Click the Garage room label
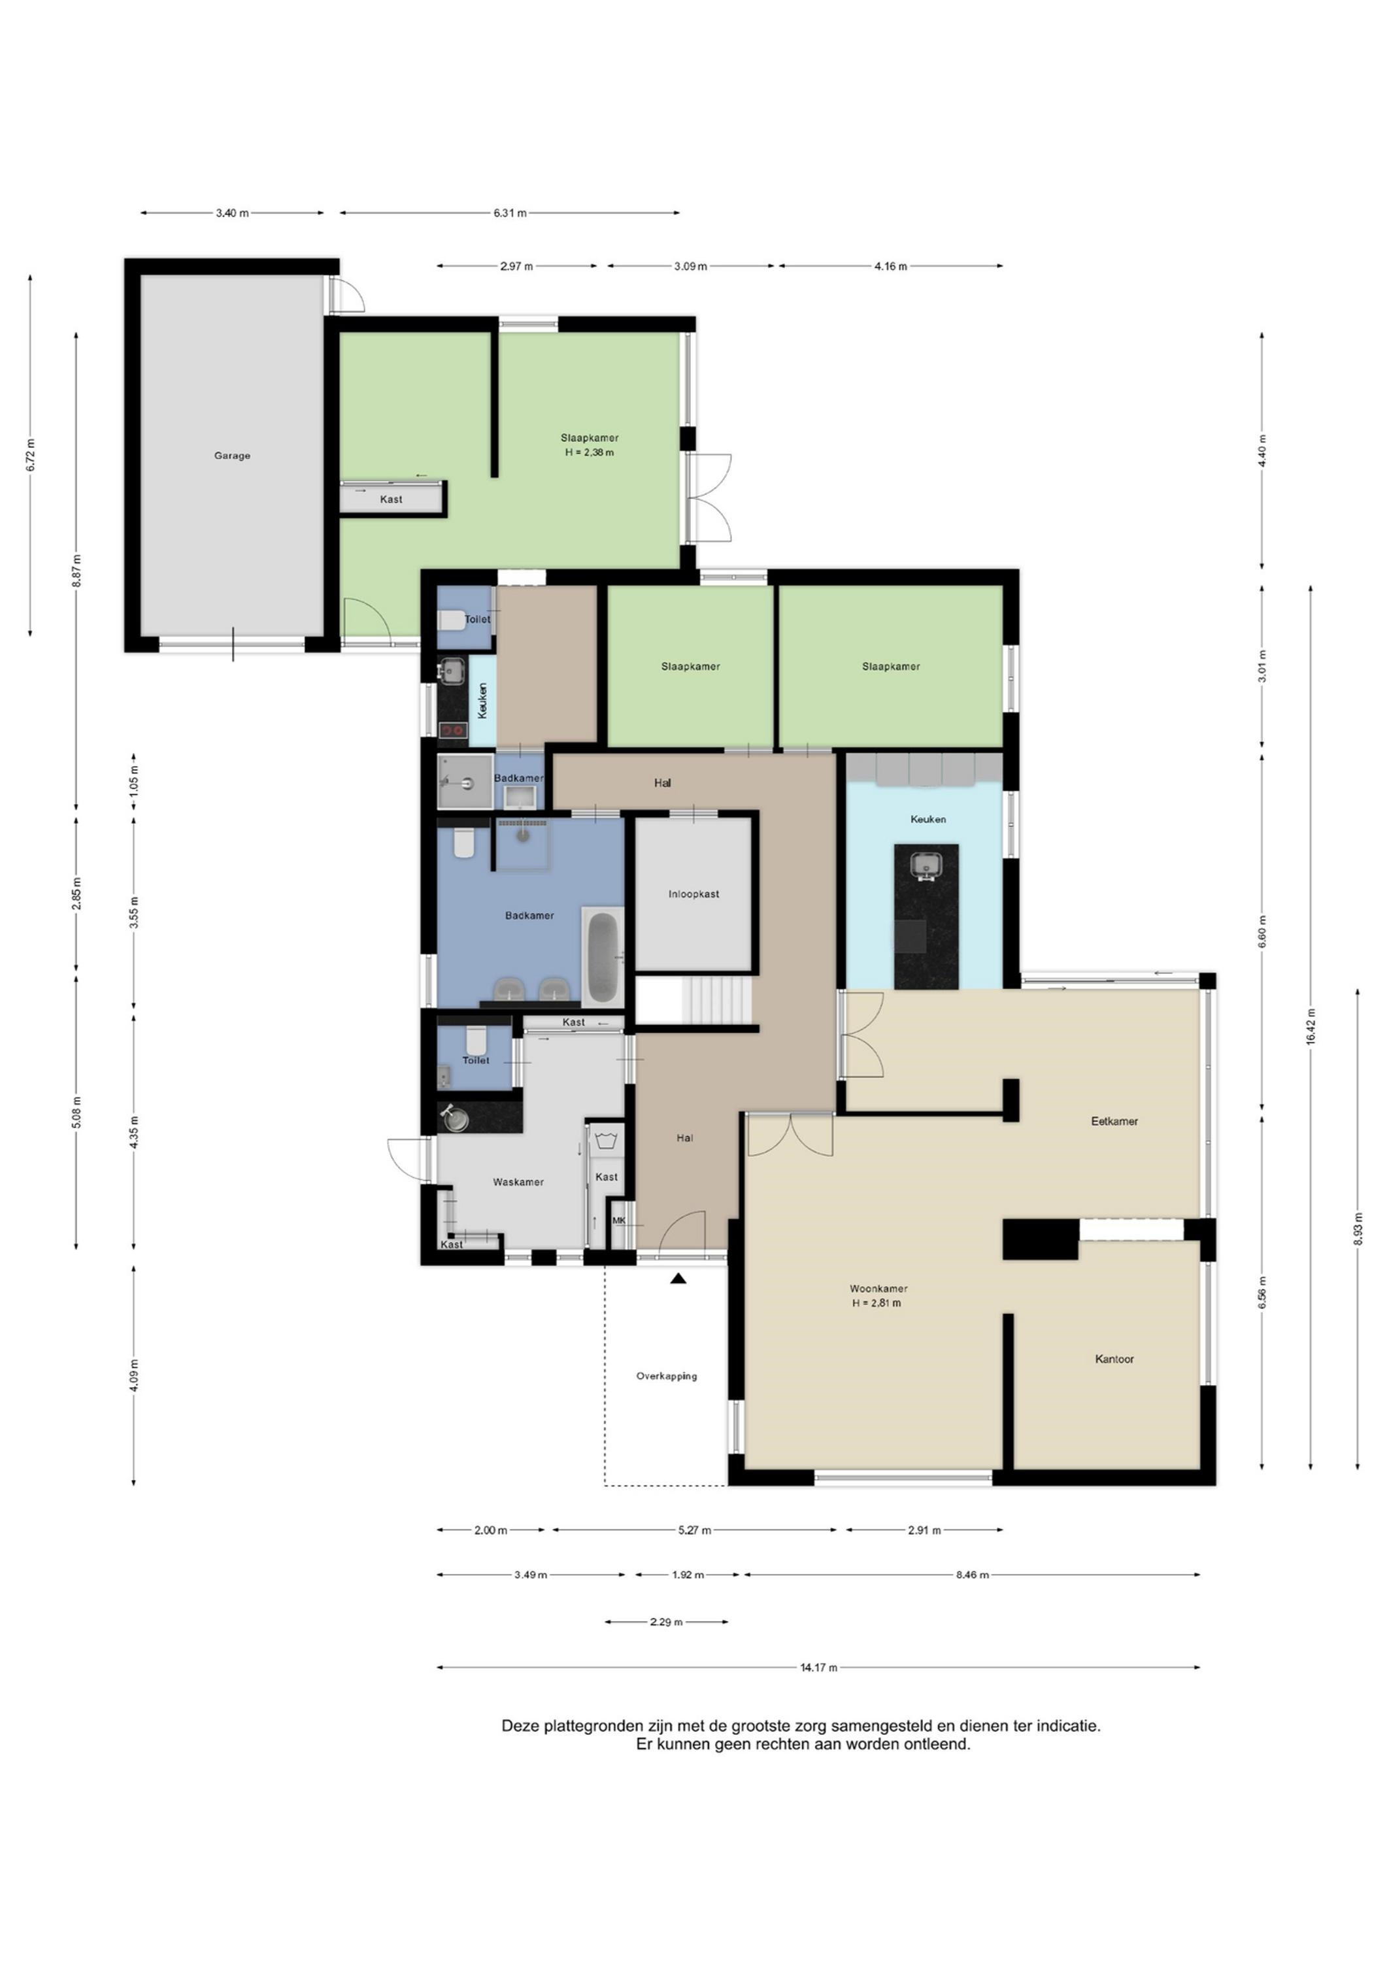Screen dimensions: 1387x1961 [232, 456]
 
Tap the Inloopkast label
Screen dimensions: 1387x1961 [693, 894]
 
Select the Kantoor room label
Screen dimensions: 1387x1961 [1114, 1359]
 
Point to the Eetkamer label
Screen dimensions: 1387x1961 [1114, 1122]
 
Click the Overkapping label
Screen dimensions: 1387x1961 [666, 1376]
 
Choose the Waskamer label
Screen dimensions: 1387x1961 [518, 1182]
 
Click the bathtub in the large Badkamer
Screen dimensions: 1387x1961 [602, 956]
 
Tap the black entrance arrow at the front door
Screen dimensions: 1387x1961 [678, 1279]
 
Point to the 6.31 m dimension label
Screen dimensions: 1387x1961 [510, 212]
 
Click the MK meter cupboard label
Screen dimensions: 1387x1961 [619, 1220]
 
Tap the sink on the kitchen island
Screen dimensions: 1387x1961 [926, 866]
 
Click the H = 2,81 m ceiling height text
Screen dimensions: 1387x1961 [877, 1303]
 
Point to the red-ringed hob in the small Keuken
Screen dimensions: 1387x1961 [453, 730]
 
